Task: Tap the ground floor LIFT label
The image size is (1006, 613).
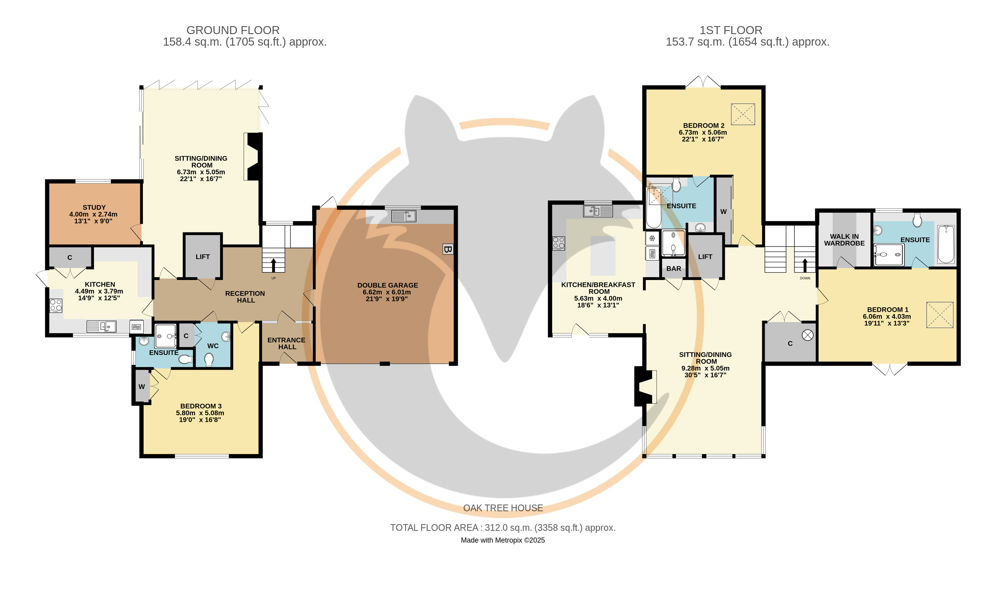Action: [203, 257]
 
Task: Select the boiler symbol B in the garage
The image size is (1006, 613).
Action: [447, 249]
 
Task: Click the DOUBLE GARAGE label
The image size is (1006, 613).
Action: [388, 285]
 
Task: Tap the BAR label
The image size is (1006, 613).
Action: [674, 269]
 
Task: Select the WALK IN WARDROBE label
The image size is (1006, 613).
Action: [844, 240]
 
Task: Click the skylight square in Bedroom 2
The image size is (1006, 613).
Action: [743, 114]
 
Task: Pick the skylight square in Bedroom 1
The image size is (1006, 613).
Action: [940, 315]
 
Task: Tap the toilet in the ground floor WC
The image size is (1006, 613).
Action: [209, 360]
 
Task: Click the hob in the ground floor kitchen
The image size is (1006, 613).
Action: [56, 305]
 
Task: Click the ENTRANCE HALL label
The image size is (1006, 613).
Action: [287, 343]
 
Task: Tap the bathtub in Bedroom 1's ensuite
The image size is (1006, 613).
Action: [946, 244]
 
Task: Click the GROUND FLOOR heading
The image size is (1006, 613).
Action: [233, 30]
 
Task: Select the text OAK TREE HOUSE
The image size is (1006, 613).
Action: [503, 508]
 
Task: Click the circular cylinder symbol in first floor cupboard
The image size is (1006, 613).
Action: [807, 335]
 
